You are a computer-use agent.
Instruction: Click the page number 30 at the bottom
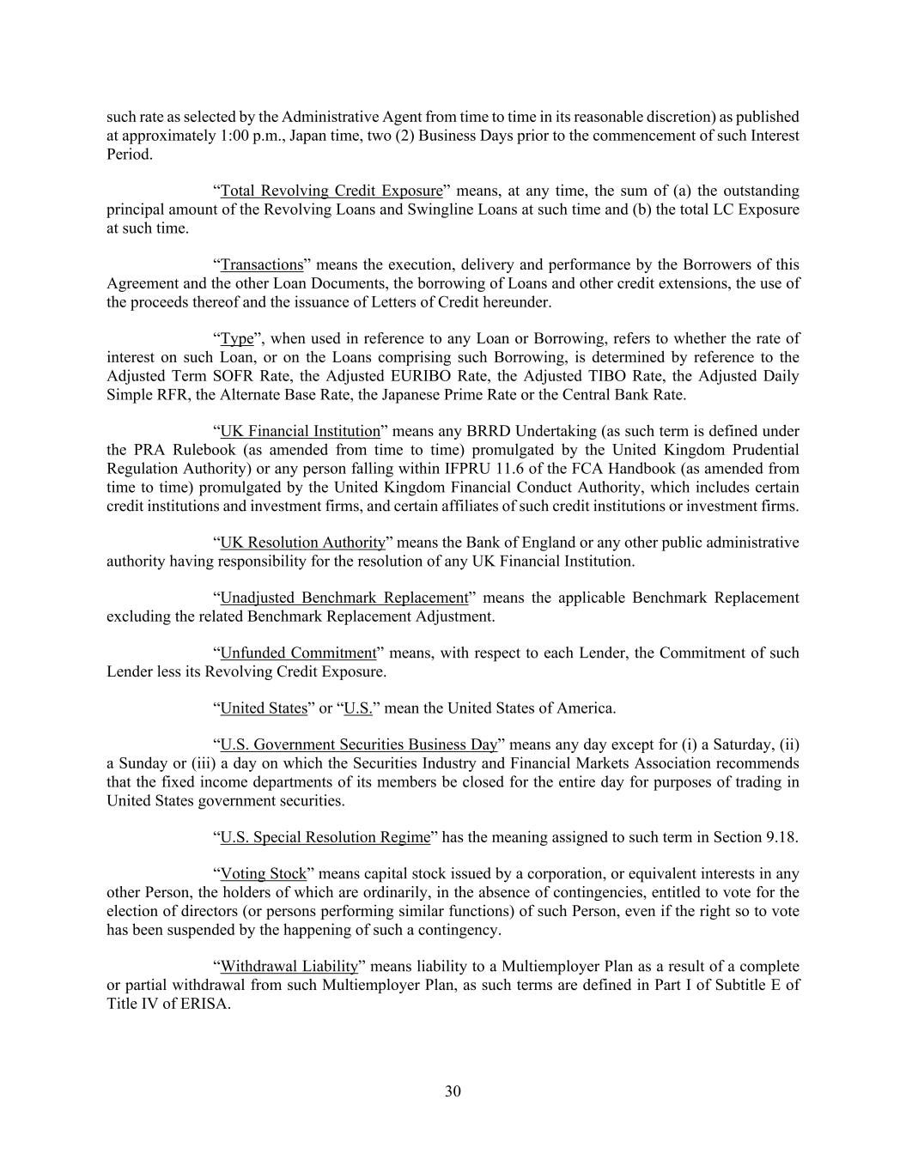pyautogui.click(x=453, y=1091)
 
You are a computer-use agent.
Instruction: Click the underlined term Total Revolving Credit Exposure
pyautogui.click(x=331, y=191)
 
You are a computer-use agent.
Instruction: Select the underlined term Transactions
pyautogui.click(x=262, y=264)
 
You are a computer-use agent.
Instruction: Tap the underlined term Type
pyautogui.click(x=237, y=338)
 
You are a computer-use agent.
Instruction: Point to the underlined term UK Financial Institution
pyautogui.click(x=300, y=431)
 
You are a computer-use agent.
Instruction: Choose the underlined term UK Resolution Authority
pyautogui.click(x=303, y=543)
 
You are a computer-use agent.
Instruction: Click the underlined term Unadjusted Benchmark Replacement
pyautogui.click(x=344, y=598)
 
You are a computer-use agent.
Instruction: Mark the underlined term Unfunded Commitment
pyautogui.click(x=298, y=653)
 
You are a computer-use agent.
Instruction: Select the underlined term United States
pyautogui.click(x=264, y=708)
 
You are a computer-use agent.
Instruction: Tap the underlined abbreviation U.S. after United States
pyautogui.click(x=358, y=708)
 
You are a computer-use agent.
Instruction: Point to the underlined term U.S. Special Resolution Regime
pyautogui.click(x=325, y=837)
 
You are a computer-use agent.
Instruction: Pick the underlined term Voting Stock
pyautogui.click(x=263, y=874)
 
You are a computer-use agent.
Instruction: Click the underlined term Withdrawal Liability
pyautogui.click(x=289, y=967)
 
